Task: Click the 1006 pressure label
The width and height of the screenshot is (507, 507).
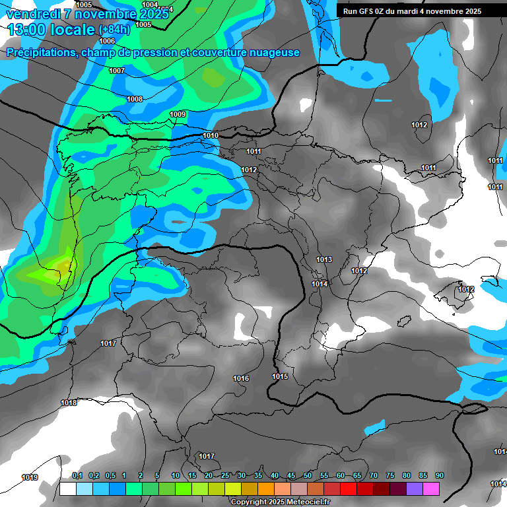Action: pyautogui.click(x=108, y=41)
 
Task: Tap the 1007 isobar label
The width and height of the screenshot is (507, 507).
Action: pyautogui.click(x=117, y=71)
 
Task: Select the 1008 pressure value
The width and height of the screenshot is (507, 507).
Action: pyautogui.click(x=135, y=100)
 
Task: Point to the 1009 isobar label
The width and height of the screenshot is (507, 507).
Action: pyautogui.click(x=178, y=115)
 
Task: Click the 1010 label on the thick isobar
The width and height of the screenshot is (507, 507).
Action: pyautogui.click(x=211, y=136)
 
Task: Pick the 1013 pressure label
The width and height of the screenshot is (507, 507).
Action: pyautogui.click(x=324, y=260)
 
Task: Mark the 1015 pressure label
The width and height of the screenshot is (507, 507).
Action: pyautogui.click(x=280, y=377)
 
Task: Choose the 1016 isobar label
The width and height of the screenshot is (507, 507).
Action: pyautogui.click(x=241, y=378)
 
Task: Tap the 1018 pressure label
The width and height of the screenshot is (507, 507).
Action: pyautogui.click(x=69, y=403)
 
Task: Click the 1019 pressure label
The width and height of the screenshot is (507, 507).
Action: pyautogui.click(x=30, y=478)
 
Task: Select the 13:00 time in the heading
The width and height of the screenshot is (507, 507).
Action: pyautogui.click(x=30, y=29)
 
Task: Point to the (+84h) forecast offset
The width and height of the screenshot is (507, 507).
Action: pyautogui.click(x=114, y=30)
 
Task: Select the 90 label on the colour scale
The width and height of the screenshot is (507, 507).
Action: pyautogui.click(x=440, y=475)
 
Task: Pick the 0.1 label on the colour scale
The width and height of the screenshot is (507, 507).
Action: pyautogui.click(x=77, y=475)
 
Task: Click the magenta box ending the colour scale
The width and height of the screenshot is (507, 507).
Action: pyautogui.click(x=431, y=489)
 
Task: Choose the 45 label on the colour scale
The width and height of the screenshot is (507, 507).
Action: pyautogui.click(x=291, y=475)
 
